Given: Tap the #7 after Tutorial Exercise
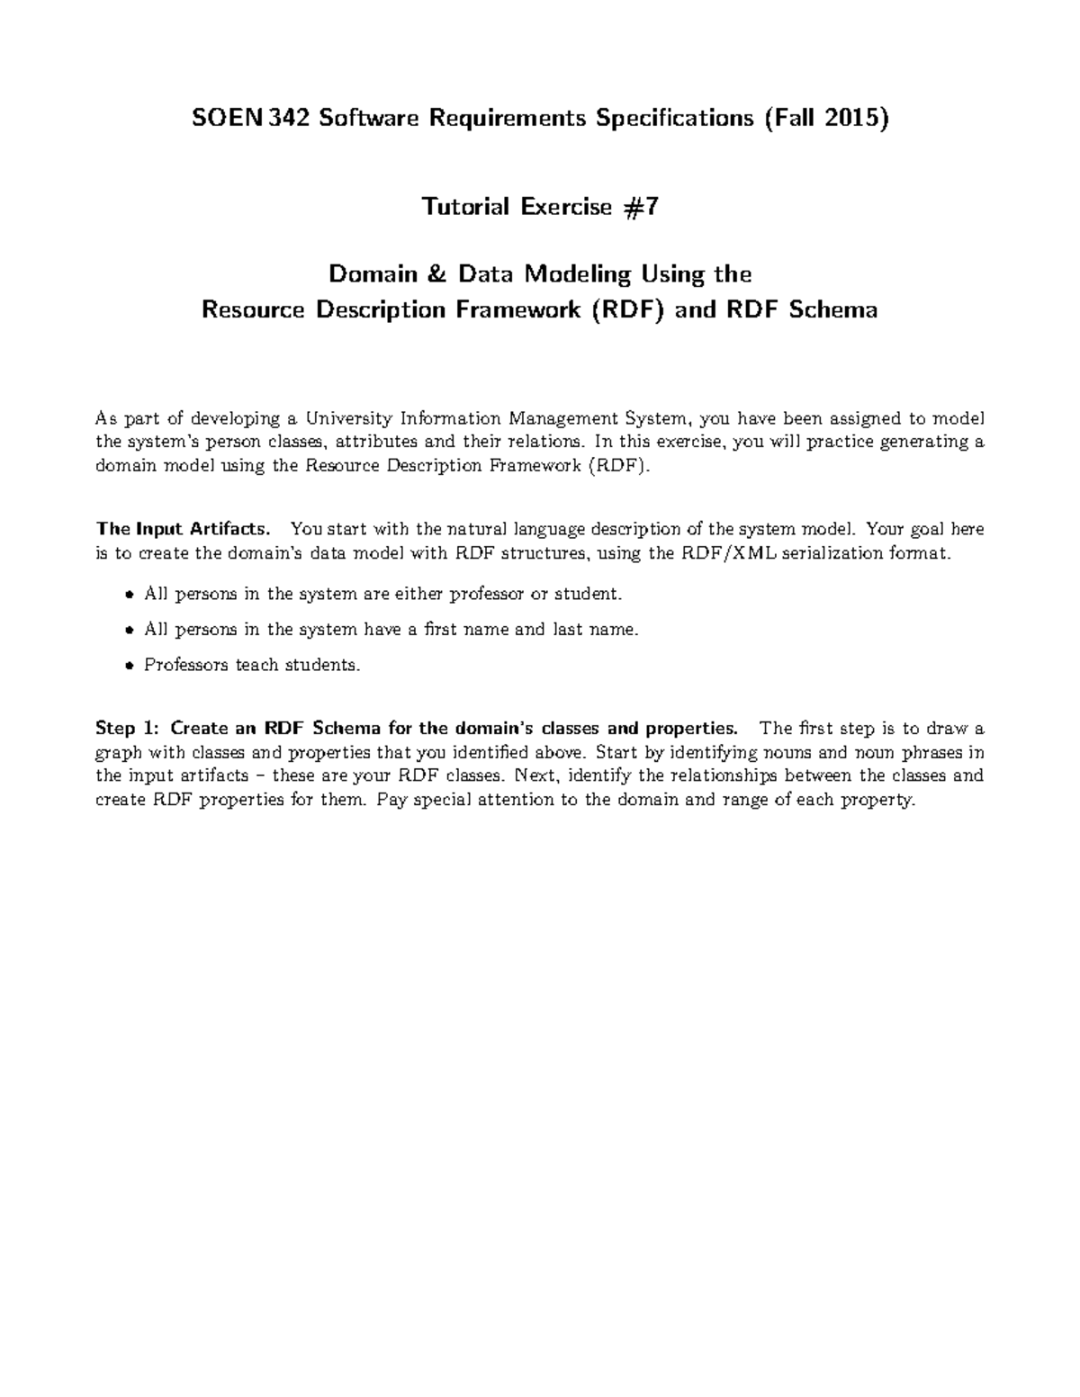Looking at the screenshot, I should point(641,207).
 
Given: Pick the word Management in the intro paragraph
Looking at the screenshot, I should point(562,418).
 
